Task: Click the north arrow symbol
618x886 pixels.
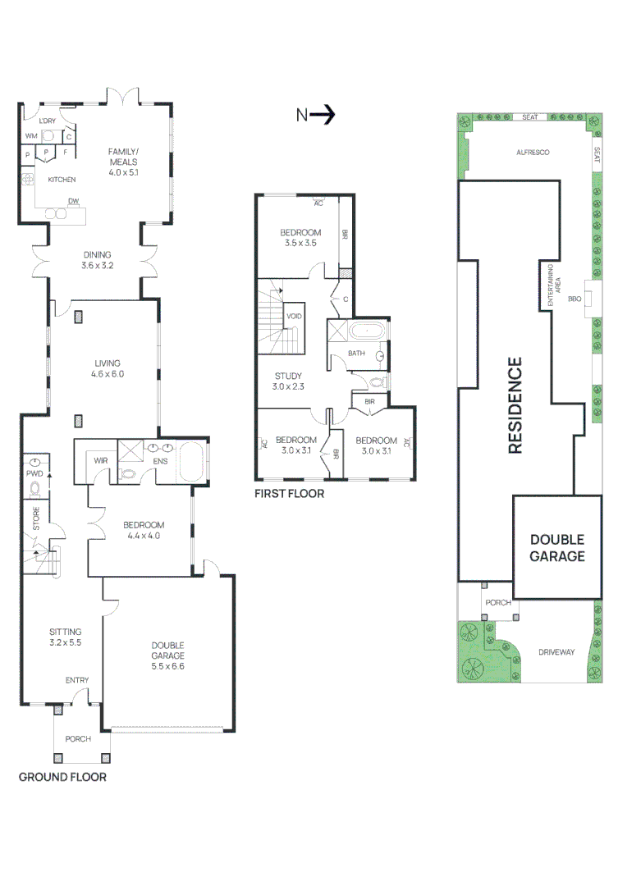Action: pos(315,115)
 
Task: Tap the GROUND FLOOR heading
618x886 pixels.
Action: pos(62,777)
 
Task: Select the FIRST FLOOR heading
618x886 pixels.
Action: pos(289,493)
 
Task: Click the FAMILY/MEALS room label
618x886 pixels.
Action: pos(123,162)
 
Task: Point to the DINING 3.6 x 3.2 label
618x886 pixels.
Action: pos(97,260)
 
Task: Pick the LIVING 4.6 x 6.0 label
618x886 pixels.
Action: pos(108,368)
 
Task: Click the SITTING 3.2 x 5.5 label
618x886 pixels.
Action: pos(65,637)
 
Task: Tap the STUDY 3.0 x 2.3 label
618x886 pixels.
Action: pos(288,381)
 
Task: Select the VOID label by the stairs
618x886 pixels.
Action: pos(294,316)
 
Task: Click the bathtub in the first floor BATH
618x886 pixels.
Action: pos(366,331)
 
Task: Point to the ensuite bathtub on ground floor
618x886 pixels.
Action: pos(190,461)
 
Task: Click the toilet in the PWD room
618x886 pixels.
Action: pos(35,489)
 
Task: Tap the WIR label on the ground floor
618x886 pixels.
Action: pos(101,460)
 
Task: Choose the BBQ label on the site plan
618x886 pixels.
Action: pos(575,299)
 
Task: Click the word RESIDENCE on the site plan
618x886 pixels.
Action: pos(515,405)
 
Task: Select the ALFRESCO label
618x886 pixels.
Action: pos(533,153)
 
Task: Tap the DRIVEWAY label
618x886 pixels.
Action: pos(556,652)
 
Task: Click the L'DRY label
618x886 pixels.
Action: pos(48,121)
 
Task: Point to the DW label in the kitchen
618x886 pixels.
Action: pos(74,201)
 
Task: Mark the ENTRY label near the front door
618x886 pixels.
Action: pos(77,680)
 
